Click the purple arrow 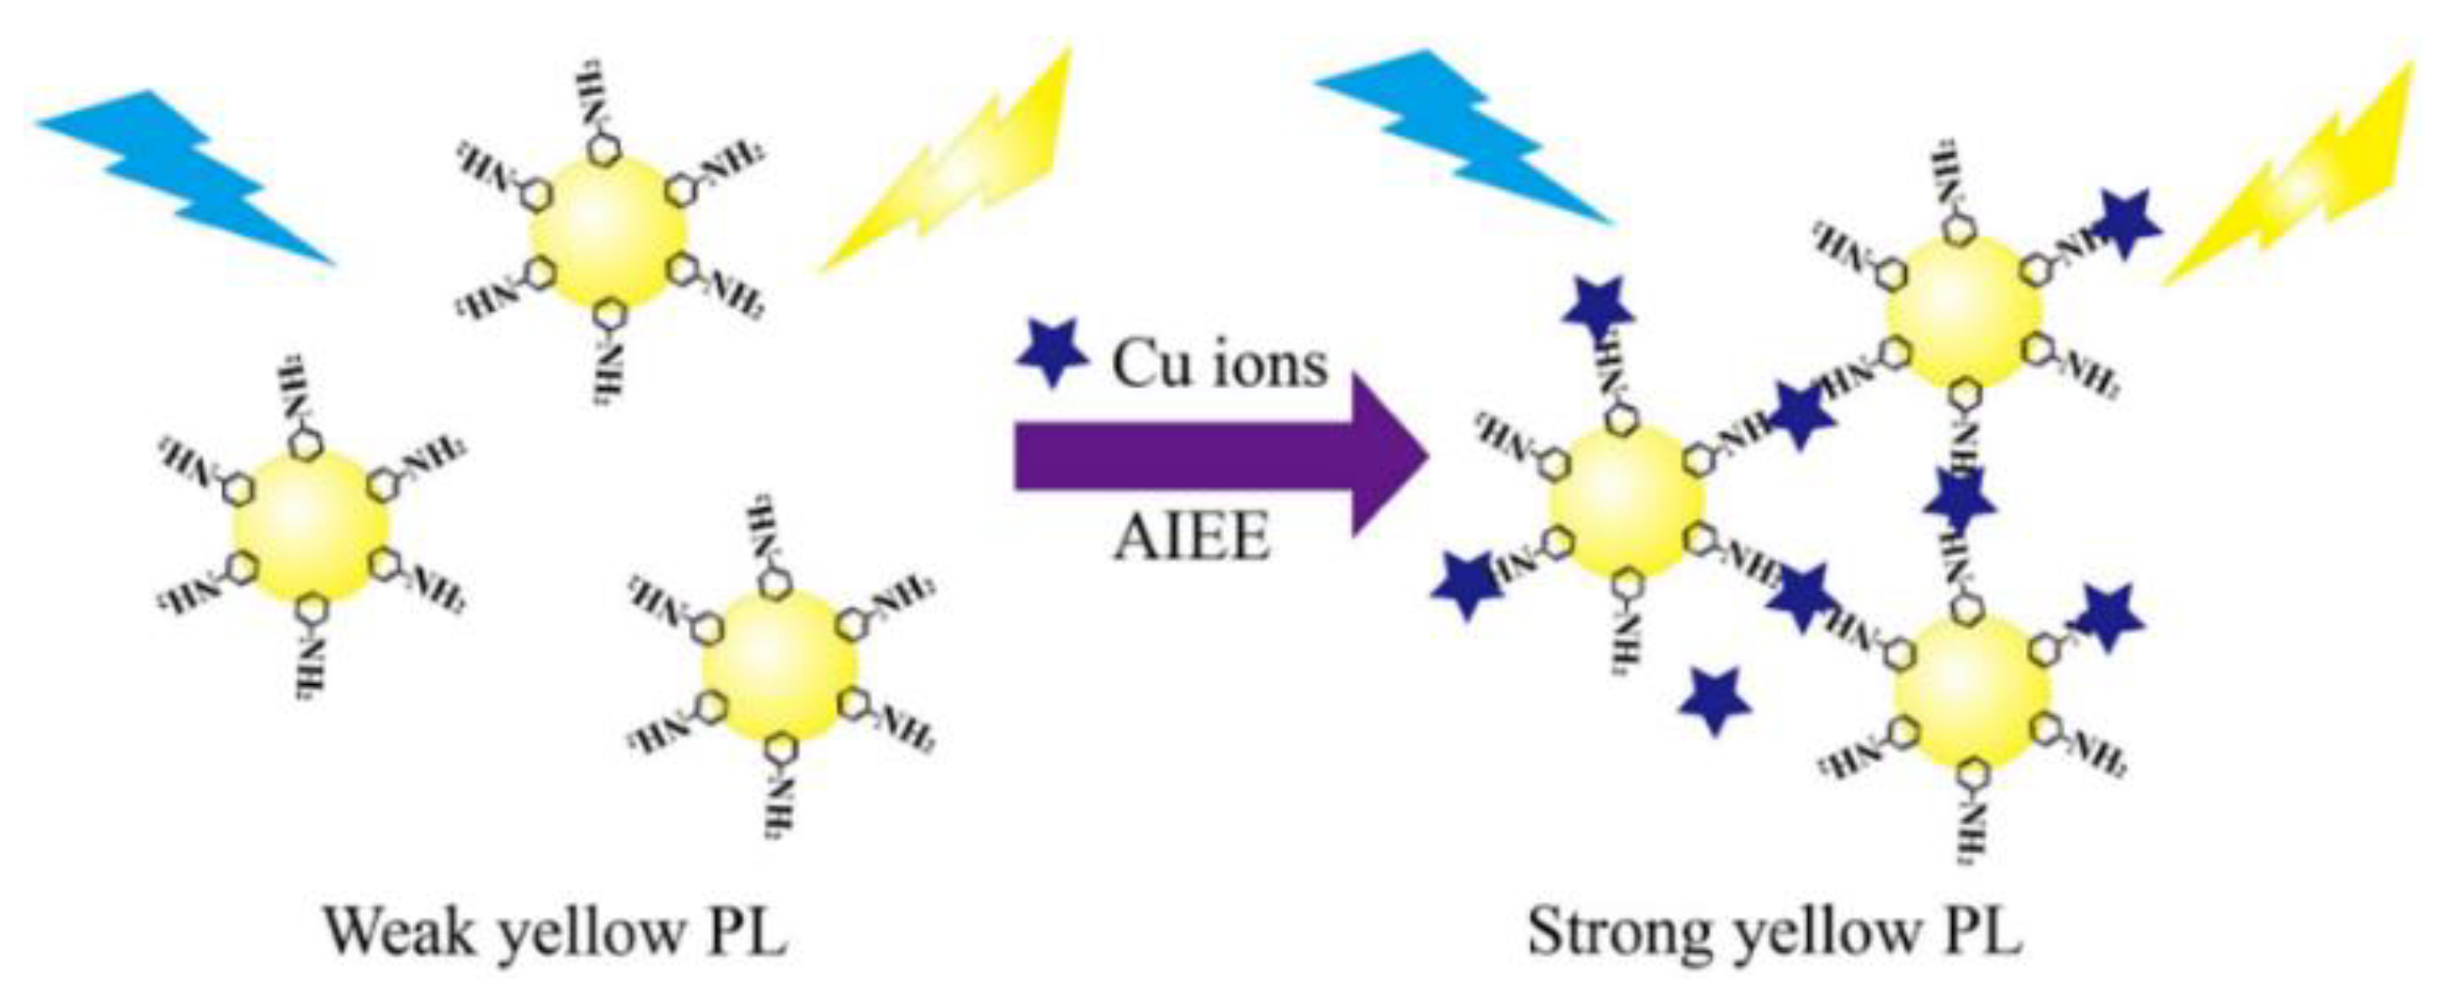click(1217, 456)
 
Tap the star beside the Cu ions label click(1052, 351)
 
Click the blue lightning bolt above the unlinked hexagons click(186, 177)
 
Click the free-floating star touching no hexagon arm click(1715, 699)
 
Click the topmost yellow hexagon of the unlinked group click(609, 236)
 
